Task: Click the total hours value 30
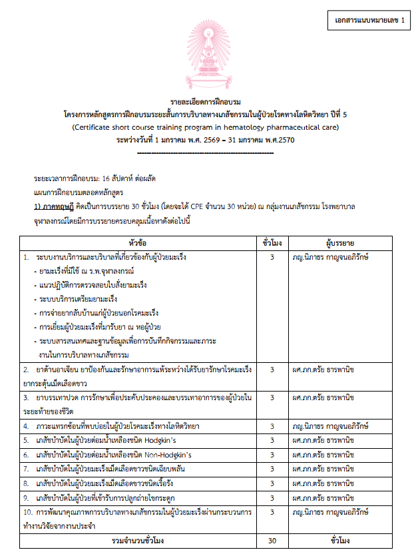click(x=272, y=541)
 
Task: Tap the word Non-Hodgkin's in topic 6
click(x=162, y=454)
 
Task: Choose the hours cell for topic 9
click(x=272, y=497)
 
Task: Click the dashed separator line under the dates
click(x=209, y=152)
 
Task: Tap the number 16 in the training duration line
click(x=102, y=178)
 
